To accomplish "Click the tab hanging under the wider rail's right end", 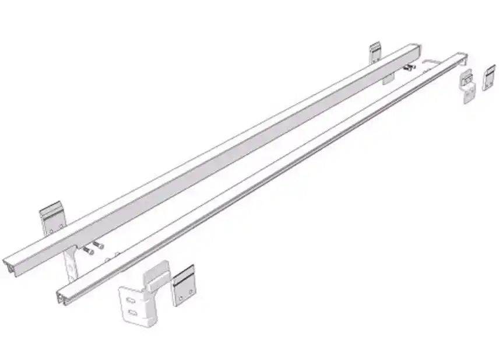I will click(x=388, y=79).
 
